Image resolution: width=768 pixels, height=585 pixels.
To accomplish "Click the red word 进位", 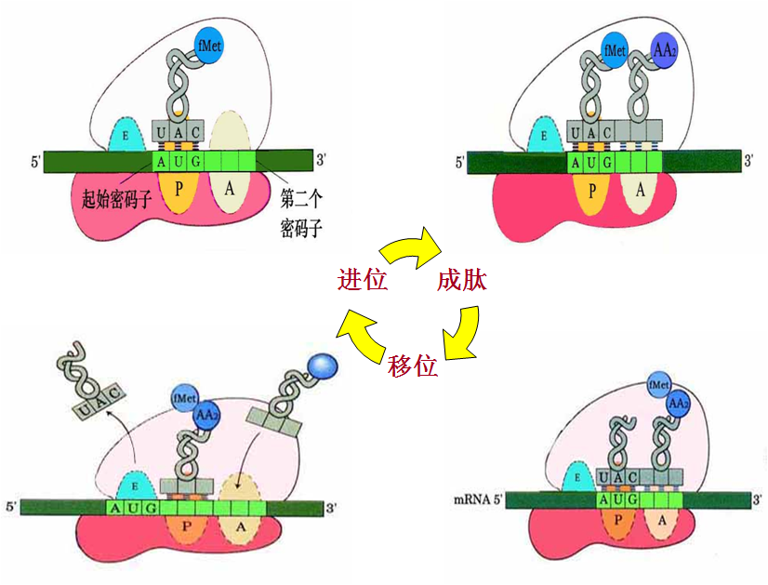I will click(x=363, y=279).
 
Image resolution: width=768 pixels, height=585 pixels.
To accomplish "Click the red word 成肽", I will click(x=462, y=280).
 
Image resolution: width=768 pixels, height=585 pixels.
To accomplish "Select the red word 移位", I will click(x=413, y=366).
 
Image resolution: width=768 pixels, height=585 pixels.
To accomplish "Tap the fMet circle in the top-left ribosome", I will click(x=209, y=44).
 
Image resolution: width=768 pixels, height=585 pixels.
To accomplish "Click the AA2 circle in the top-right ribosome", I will click(x=665, y=48).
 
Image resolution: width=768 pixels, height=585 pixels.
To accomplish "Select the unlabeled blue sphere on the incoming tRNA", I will click(x=324, y=364).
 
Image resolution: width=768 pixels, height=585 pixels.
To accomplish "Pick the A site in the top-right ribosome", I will click(x=639, y=190).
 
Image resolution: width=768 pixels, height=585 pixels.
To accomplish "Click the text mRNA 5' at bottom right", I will click(x=478, y=499).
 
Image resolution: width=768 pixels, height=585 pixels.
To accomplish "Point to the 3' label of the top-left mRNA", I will click(x=321, y=160).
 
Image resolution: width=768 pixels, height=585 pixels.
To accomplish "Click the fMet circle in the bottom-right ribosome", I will click(x=659, y=385).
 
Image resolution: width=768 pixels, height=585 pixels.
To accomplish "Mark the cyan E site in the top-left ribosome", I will click(x=125, y=137).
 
